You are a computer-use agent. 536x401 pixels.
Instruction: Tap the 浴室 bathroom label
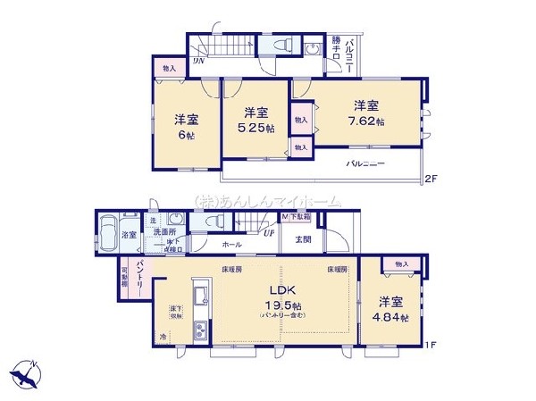click(130, 235)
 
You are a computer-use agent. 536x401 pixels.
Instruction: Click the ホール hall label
click(230, 242)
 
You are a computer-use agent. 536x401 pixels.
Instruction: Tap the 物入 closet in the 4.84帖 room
click(401, 264)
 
